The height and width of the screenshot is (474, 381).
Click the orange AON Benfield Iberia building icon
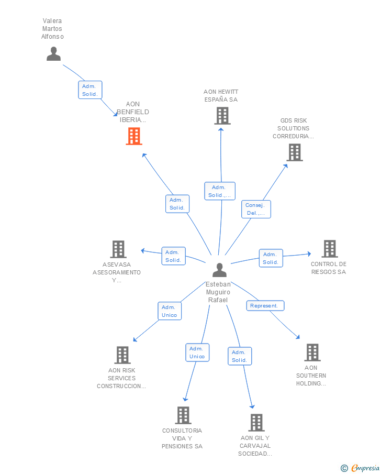click(x=134, y=136)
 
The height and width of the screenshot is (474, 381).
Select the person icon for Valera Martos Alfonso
click(x=54, y=54)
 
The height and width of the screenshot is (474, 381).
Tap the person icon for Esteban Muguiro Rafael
click(x=219, y=270)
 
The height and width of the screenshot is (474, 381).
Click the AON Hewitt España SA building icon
click(x=222, y=116)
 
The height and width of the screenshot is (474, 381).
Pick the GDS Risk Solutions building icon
click(x=295, y=152)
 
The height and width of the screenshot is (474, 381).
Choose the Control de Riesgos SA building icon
click(x=330, y=249)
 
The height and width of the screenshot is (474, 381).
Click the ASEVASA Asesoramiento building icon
click(x=118, y=249)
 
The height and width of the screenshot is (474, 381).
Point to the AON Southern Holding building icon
click(x=312, y=352)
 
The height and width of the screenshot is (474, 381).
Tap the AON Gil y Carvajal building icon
click(x=256, y=423)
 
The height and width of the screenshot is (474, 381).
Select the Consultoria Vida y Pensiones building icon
click(x=183, y=415)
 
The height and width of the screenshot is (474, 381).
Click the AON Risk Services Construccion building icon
click(x=122, y=355)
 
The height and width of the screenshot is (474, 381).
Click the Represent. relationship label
click(x=265, y=306)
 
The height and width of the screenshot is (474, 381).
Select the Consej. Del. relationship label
click(x=256, y=209)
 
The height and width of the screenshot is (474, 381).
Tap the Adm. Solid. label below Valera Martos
click(x=90, y=90)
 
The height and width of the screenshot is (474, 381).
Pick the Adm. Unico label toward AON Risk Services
click(x=170, y=311)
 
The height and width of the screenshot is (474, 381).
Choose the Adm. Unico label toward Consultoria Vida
click(x=197, y=352)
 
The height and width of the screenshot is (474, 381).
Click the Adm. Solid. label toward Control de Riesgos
click(x=271, y=258)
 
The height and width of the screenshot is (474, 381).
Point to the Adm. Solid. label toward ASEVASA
click(x=173, y=256)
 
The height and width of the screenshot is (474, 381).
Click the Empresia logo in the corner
click(x=360, y=468)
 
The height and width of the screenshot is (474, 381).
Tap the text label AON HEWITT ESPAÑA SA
click(x=221, y=95)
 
